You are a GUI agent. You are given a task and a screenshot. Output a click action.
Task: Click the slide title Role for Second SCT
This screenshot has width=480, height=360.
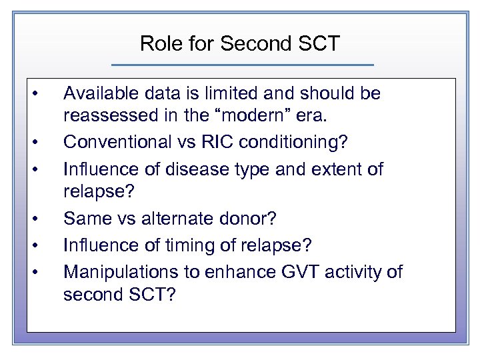click(240, 44)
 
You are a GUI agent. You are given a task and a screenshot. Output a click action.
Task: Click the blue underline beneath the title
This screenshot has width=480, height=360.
click(243, 65)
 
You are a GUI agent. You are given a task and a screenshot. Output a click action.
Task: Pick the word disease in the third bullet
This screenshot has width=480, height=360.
click(191, 169)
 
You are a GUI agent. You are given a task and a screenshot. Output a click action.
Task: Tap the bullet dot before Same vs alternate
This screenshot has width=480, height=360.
click(41, 218)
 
